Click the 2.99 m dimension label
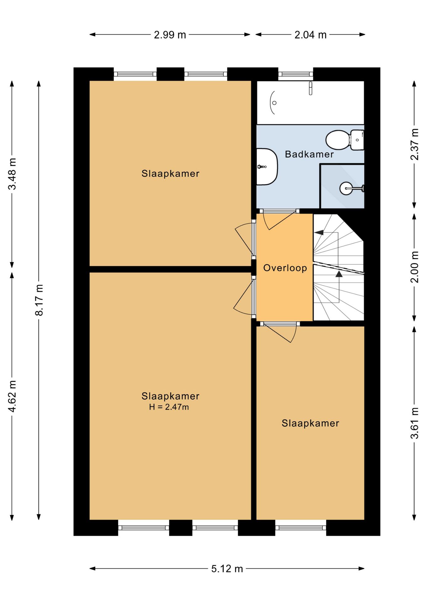(x=170, y=35)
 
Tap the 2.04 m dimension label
(x=310, y=35)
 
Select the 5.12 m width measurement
(x=227, y=568)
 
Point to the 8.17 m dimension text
(x=39, y=300)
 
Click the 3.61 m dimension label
(x=414, y=423)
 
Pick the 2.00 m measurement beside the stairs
(x=414, y=267)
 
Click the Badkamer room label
(x=309, y=154)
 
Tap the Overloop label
(x=285, y=268)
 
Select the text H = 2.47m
(x=169, y=407)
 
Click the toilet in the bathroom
(x=345, y=140)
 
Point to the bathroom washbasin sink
(x=267, y=167)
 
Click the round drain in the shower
(x=346, y=188)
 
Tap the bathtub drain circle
(x=274, y=103)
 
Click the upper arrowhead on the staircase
(x=319, y=233)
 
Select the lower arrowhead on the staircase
(x=339, y=274)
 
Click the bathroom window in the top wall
(x=296, y=74)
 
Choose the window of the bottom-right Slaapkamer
(x=301, y=528)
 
